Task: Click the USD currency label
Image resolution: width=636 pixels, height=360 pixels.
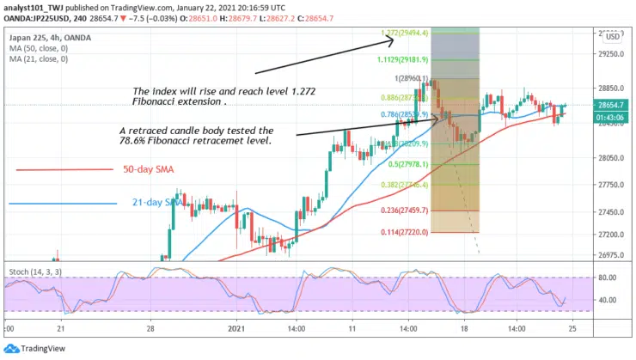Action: click(x=612, y=37)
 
